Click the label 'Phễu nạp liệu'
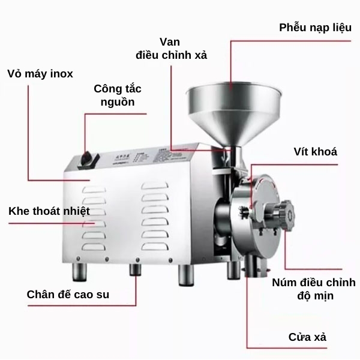pos(315,28)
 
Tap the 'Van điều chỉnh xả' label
pos(171,49)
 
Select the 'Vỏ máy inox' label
pos(40,74)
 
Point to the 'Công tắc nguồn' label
pos(118,95)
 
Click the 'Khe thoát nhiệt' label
pos(49,211)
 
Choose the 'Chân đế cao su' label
pos(68,295)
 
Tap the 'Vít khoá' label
pos(316,152)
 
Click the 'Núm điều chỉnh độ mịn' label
pos(314,289)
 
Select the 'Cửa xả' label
pos(307,337)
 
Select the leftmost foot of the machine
pos(79,272)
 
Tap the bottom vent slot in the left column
pos(94,247)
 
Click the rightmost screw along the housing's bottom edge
pos(170,260)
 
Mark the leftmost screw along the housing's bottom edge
pos(78,259)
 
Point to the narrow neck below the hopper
pos(236,156)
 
